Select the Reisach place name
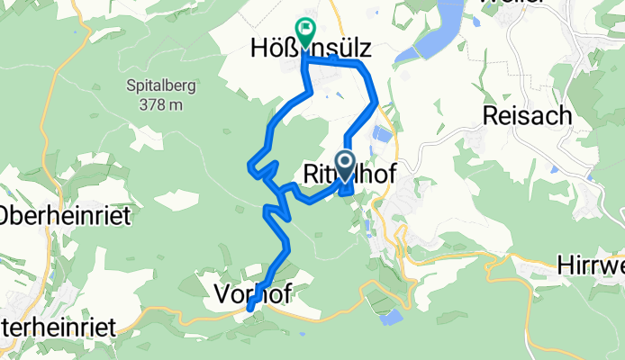click(520, 114)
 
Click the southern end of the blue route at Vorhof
click(249, 310)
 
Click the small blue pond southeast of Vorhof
click(391, 317)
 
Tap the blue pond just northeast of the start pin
click(382, 137)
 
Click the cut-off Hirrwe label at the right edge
click(590, 265)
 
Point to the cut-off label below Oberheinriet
click(58, 328)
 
